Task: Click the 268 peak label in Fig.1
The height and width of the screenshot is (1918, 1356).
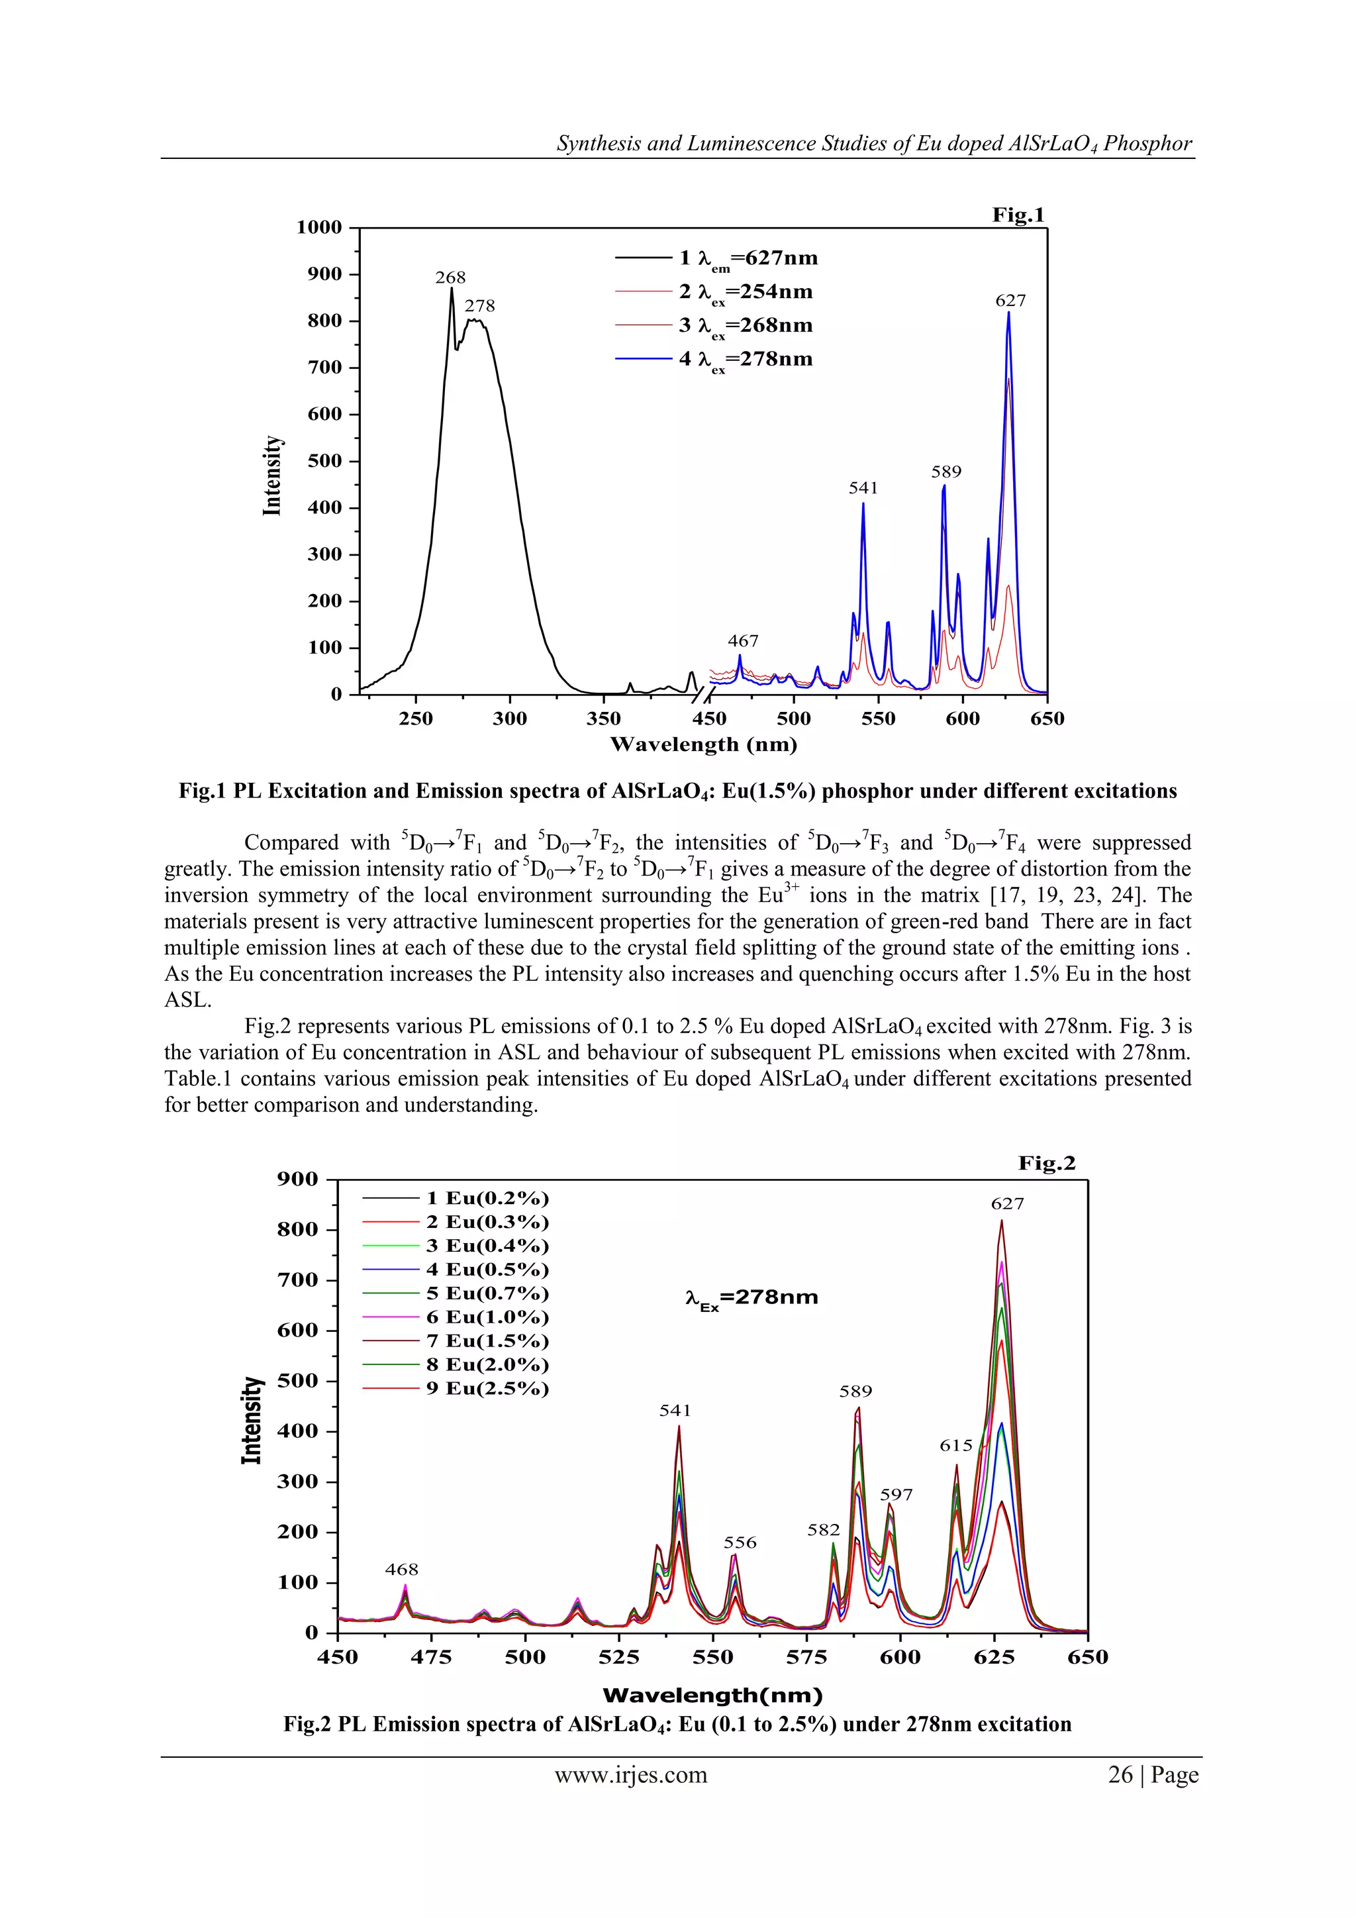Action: click(450, 278)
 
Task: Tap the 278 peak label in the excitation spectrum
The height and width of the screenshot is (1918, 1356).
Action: click(480, 307)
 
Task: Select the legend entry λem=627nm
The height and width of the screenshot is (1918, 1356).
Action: click(748, 258)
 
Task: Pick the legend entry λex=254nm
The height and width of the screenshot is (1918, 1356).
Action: click(745, 292)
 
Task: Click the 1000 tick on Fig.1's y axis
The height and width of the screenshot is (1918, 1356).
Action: click(320, 227)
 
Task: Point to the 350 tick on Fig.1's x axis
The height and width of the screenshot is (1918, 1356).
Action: click(604, 719)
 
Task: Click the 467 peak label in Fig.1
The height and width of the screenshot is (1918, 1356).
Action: click(743, 640)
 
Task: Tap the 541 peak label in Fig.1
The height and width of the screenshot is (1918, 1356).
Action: click(863, 488)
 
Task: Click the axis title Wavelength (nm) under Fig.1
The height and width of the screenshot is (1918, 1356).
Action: click(703, 744)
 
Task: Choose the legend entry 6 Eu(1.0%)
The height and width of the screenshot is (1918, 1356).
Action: click(487, 1317)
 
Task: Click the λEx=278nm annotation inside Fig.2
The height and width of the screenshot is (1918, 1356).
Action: click(751, 1298)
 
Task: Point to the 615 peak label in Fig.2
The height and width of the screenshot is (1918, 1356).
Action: click(956, 1445)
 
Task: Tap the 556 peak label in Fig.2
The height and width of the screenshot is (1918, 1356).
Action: click(740, 1542)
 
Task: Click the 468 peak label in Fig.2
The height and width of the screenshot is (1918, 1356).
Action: click(402, 1569)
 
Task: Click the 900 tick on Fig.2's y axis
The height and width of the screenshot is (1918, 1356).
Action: click(298, 1179)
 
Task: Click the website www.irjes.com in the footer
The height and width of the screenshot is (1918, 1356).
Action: click(631, 1775)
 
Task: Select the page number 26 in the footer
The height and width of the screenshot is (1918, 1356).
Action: click(1120, 1775)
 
